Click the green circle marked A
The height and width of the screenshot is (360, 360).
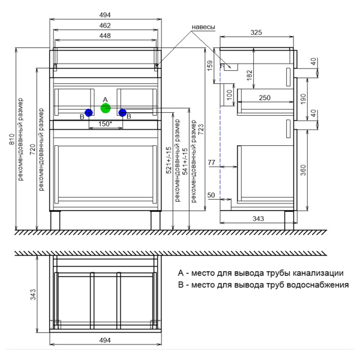pos(106,109)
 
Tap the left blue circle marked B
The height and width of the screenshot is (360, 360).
pos(89,112)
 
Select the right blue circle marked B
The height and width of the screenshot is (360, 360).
pos(122,112)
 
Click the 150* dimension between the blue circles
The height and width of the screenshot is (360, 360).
pos(105,124)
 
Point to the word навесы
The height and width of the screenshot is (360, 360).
pos(203,27)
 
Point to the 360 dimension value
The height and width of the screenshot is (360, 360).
pos(304,171)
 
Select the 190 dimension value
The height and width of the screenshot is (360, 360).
pos(304,97)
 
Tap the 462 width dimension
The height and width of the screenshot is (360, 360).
pos(105,26)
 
